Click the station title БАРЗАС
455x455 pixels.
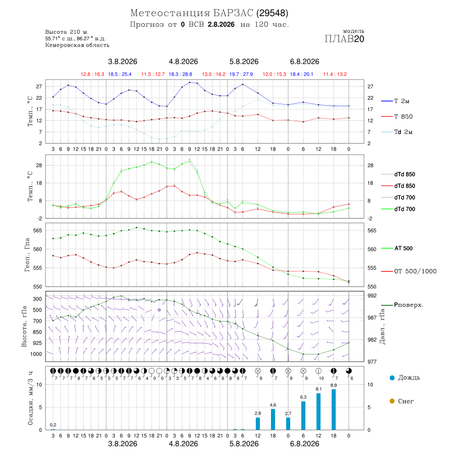pos(233,13)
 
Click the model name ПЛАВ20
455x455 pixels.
pos(344,39)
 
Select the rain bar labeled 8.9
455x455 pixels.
pos(334,409)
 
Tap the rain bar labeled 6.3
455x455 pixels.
pos(303,416)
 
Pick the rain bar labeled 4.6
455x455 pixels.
pos(273,419)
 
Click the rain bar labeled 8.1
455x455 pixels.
pos(318,412)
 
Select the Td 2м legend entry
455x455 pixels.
pos(397,132)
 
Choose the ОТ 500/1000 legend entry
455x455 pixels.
pos(408,271)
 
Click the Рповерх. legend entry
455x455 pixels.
pos(402,305)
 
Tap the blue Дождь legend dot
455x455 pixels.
pos(392,378)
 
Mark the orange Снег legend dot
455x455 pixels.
pos(392,401)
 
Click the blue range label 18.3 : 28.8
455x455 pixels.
pos(180,74)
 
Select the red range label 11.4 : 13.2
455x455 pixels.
pos(335,74)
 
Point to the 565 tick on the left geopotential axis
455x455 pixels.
pos(38,231)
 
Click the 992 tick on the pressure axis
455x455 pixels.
pos(372,296)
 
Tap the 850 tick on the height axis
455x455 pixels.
pos(37,332)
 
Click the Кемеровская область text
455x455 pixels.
pos(77,45)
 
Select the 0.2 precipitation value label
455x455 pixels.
pos(53,425)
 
